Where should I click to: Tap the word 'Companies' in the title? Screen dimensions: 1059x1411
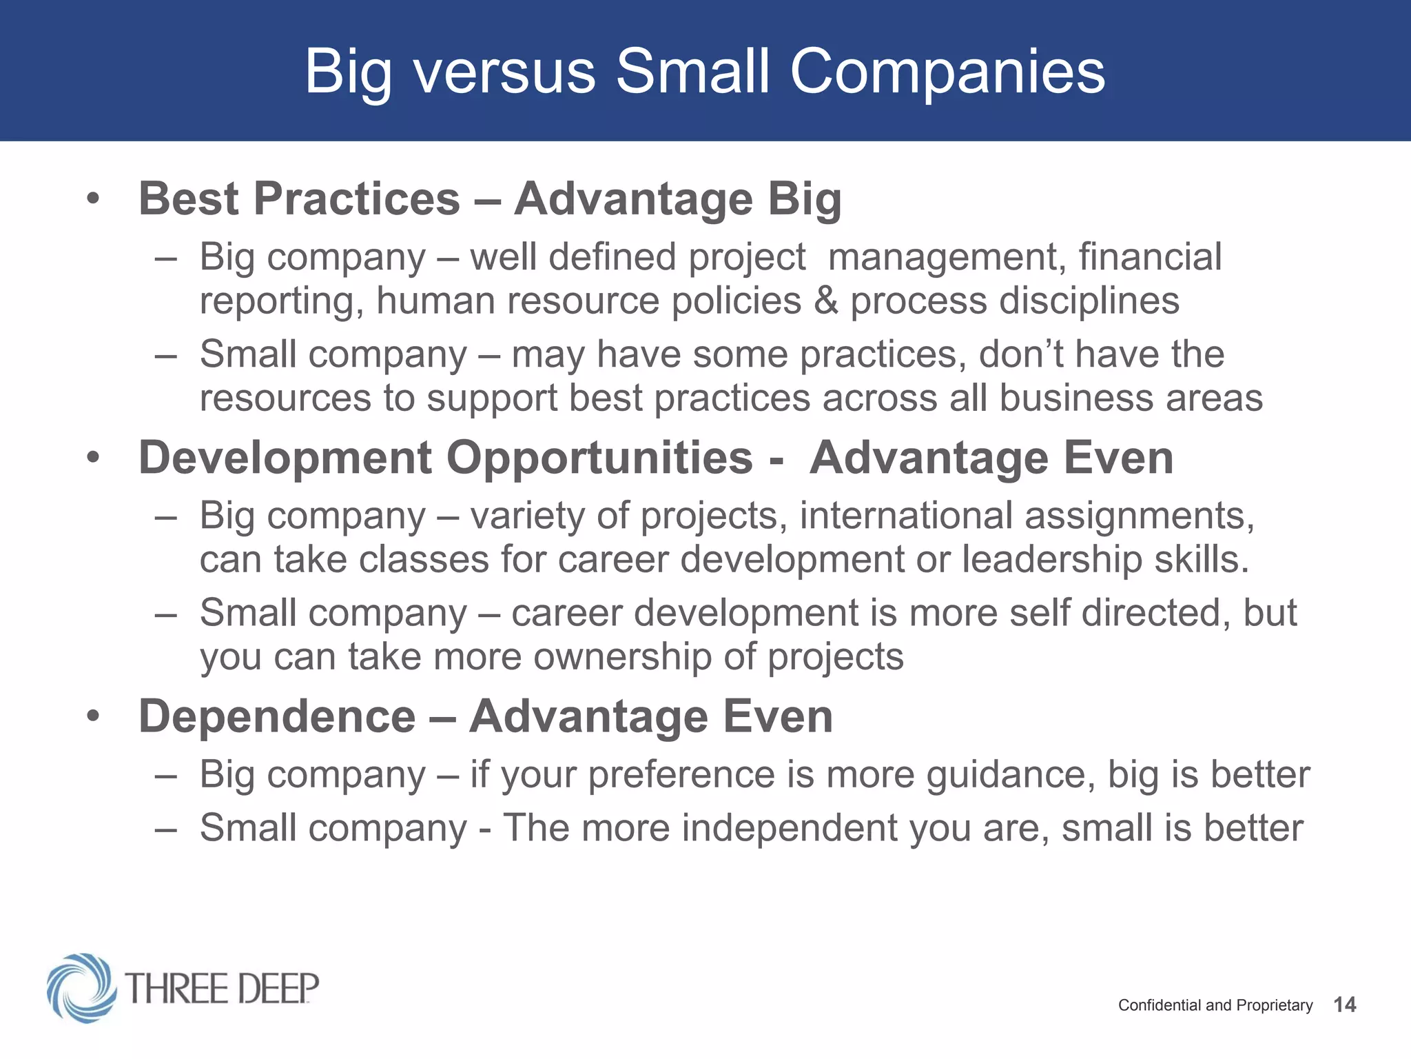947,72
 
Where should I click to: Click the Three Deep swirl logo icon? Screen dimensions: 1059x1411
81,987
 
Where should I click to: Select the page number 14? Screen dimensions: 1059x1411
1344,1005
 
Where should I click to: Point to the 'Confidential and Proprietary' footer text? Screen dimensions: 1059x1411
1215,1005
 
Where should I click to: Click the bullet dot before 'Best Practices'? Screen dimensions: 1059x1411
93,200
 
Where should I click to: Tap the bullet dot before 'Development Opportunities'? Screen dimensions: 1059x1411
93,458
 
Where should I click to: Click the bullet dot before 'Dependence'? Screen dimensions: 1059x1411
93,716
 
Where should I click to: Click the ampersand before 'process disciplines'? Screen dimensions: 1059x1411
825,301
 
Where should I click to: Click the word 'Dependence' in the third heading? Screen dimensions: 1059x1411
277,716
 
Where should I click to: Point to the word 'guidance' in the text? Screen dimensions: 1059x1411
1010,775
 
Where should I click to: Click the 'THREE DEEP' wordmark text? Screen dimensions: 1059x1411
222,988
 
